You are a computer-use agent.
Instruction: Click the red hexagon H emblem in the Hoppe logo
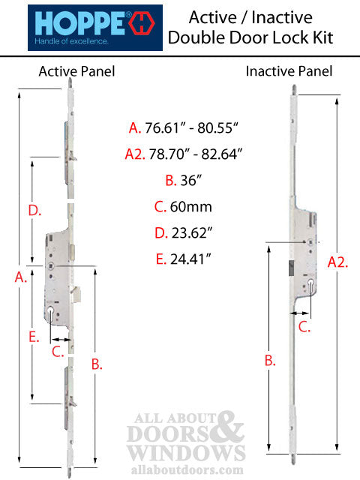142,23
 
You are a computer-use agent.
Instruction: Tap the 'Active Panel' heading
76,72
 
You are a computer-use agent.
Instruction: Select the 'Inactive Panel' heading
289,71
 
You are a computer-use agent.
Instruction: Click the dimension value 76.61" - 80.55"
191,127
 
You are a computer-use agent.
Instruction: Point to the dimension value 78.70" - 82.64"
196,154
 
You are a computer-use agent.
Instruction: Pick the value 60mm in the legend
191,207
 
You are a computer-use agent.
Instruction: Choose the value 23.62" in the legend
192,233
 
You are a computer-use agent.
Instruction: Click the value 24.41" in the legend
190,259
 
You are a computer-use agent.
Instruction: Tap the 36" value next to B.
191,180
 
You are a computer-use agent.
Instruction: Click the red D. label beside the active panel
34,211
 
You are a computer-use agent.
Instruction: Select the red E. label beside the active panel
34,337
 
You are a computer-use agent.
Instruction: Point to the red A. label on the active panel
21,277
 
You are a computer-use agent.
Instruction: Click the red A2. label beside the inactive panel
337,262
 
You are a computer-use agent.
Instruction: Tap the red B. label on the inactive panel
270,361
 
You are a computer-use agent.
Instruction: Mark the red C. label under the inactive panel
304,327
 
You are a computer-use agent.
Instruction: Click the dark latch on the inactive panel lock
291,268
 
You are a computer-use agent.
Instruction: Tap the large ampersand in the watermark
229,427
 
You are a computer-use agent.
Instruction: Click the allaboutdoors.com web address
187,470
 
